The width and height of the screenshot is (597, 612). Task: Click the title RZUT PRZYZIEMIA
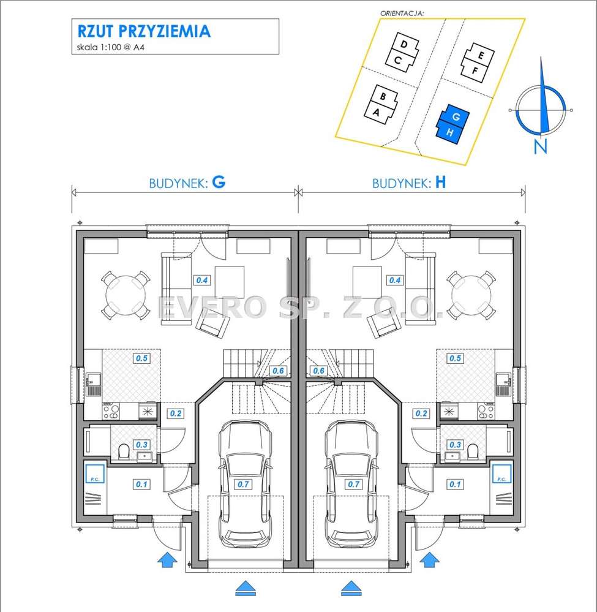click(x=144, y=31)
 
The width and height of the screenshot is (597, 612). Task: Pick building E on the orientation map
click(x=481, y=55)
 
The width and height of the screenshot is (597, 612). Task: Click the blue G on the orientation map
click(x=456, y=116)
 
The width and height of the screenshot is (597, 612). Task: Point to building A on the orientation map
click(x=377, y=112)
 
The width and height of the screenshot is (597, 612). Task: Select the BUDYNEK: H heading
click(x=409, y=183)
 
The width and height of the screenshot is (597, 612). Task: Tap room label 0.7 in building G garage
click(x=244, y=484)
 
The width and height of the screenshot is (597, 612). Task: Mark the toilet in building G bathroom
click(x=124, y=452)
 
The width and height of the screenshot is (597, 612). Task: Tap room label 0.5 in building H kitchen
click(x=455, y=358)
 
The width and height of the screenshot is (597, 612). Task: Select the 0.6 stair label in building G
click(x=278, y=371)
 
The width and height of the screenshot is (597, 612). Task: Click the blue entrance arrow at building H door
click(x=430, y=559)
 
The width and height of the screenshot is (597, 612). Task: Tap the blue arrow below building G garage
click(x=245, y=587)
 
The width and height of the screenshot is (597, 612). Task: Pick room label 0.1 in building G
click(x=142, y=484)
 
